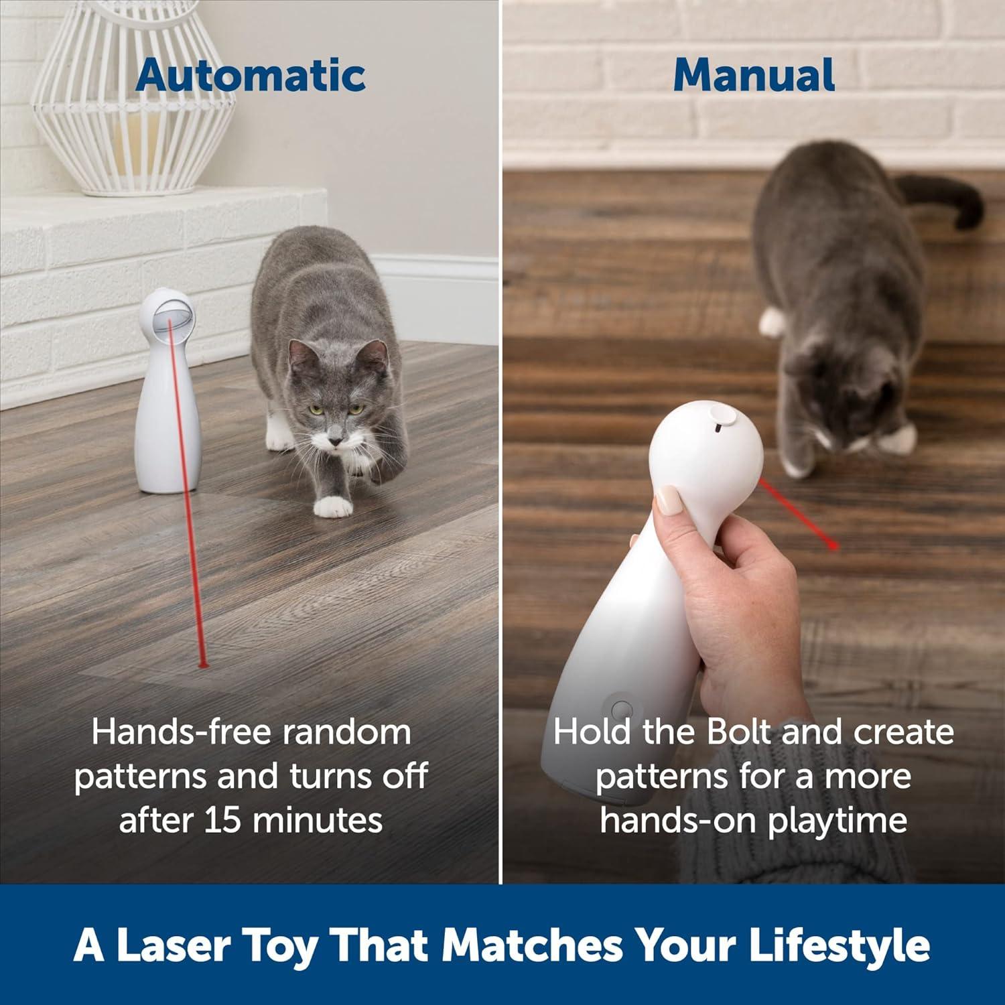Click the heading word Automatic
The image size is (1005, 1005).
coord(251,75)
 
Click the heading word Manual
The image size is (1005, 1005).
coord(754,75)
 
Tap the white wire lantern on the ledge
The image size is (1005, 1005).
coord(134,100)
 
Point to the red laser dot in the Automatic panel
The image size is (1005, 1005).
coord(203,665)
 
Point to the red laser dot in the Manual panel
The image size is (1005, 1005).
coord(833,546)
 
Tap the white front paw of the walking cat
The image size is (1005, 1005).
coord(333,507)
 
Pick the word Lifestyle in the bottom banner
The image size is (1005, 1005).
coord(839,945)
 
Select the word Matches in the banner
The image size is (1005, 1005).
coord(532,945)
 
